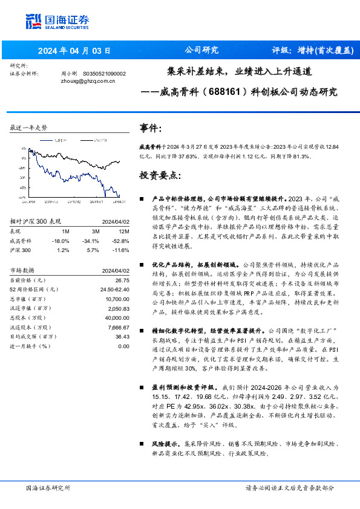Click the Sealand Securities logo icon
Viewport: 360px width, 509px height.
[34, 20]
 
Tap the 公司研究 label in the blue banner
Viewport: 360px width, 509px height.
[201, 50]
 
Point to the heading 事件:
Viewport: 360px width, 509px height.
[151, 128]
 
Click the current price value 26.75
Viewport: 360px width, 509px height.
[122, 280]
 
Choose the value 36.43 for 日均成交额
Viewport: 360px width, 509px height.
[122, 336]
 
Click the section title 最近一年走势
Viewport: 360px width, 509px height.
[28, 128]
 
